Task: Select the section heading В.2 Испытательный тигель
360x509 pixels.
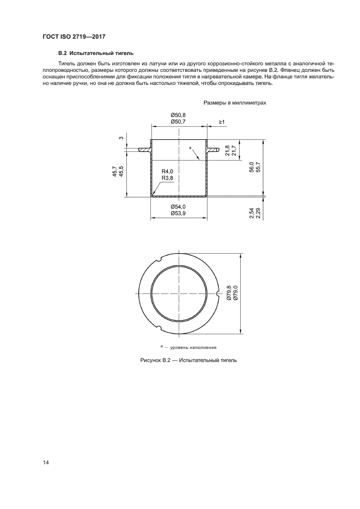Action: tap(96, 53)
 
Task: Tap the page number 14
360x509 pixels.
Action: tap(46, 463)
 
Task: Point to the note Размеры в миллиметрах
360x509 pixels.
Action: tap(235, 102)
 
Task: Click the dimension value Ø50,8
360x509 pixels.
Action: tap(178, 115)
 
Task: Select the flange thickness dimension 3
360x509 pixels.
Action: tap(120, 138)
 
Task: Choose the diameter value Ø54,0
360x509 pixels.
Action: tap(178, 207)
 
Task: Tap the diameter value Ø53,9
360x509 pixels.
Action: tap(178, 213)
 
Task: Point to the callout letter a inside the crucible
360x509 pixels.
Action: tap(190, 148)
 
